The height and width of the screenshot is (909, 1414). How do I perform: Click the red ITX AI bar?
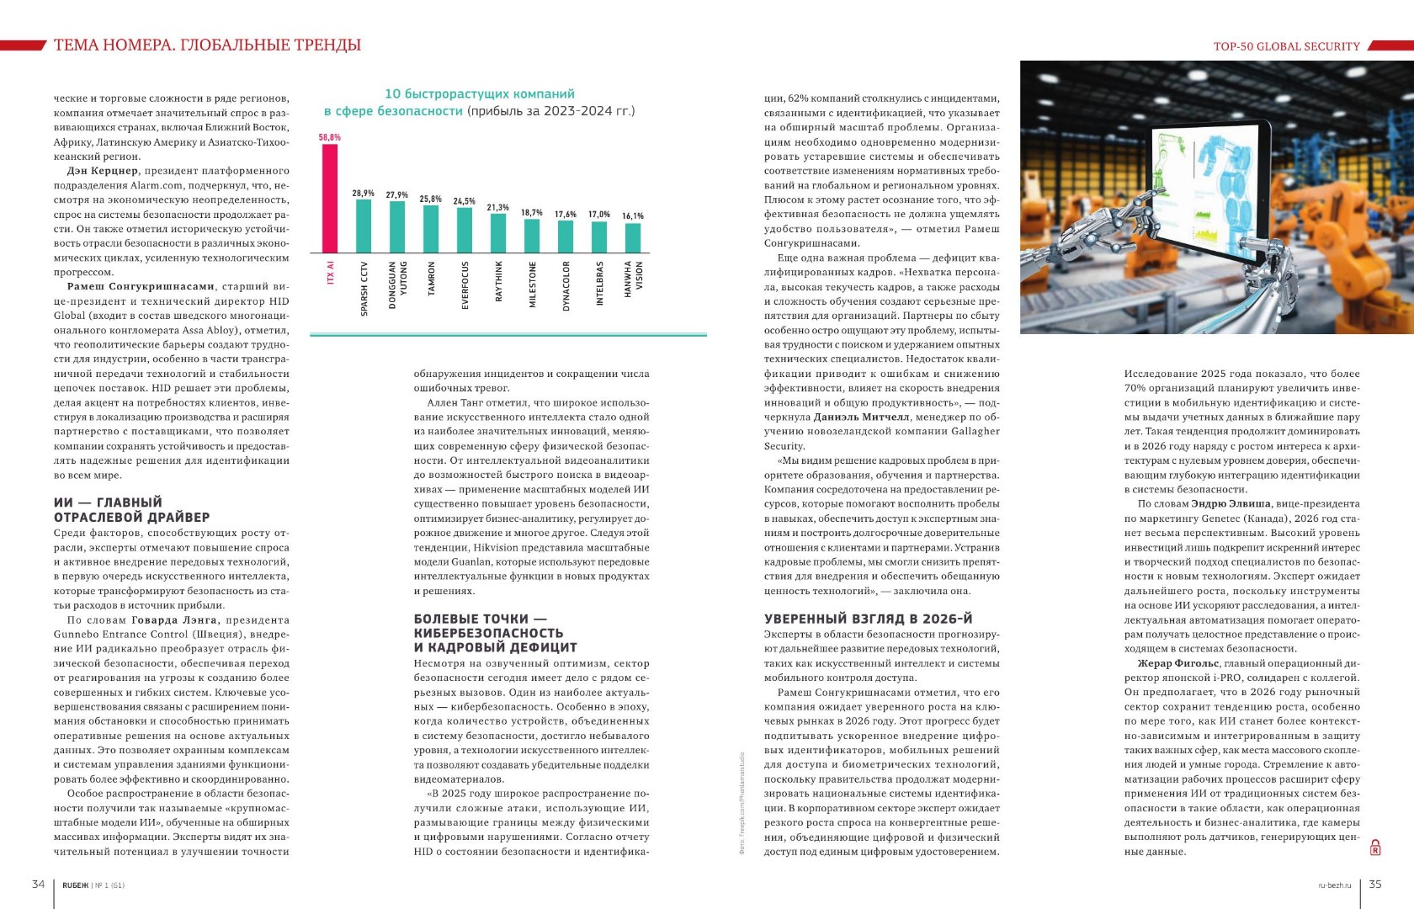tap(330, 199)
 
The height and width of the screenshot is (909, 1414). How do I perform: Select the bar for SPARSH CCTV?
tap(364, 226)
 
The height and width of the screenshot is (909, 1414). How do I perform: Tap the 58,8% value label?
tap(330, 137)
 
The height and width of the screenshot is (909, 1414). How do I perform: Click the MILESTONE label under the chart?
tap(532, 284)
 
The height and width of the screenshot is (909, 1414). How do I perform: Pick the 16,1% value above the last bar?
tap(633, 216)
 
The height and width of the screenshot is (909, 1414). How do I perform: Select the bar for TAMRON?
tap(431, 229)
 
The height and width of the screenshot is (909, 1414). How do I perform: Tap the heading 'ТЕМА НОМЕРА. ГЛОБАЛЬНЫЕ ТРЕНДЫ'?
tap(207, 45)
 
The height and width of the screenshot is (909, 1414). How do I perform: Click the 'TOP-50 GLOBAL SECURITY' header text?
tap(1286, 46)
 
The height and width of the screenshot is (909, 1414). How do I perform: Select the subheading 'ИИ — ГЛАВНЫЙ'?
tap(108, 502)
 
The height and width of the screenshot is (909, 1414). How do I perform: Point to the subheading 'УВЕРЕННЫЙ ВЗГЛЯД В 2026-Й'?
tap(868, 619)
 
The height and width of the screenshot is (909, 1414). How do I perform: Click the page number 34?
tap(38, 884)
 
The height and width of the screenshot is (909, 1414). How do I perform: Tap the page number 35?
tap(1375, 884)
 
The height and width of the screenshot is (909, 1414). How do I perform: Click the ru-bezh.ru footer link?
tap(1334, 885)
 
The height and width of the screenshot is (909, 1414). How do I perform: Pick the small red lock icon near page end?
tap(1375, 848)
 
